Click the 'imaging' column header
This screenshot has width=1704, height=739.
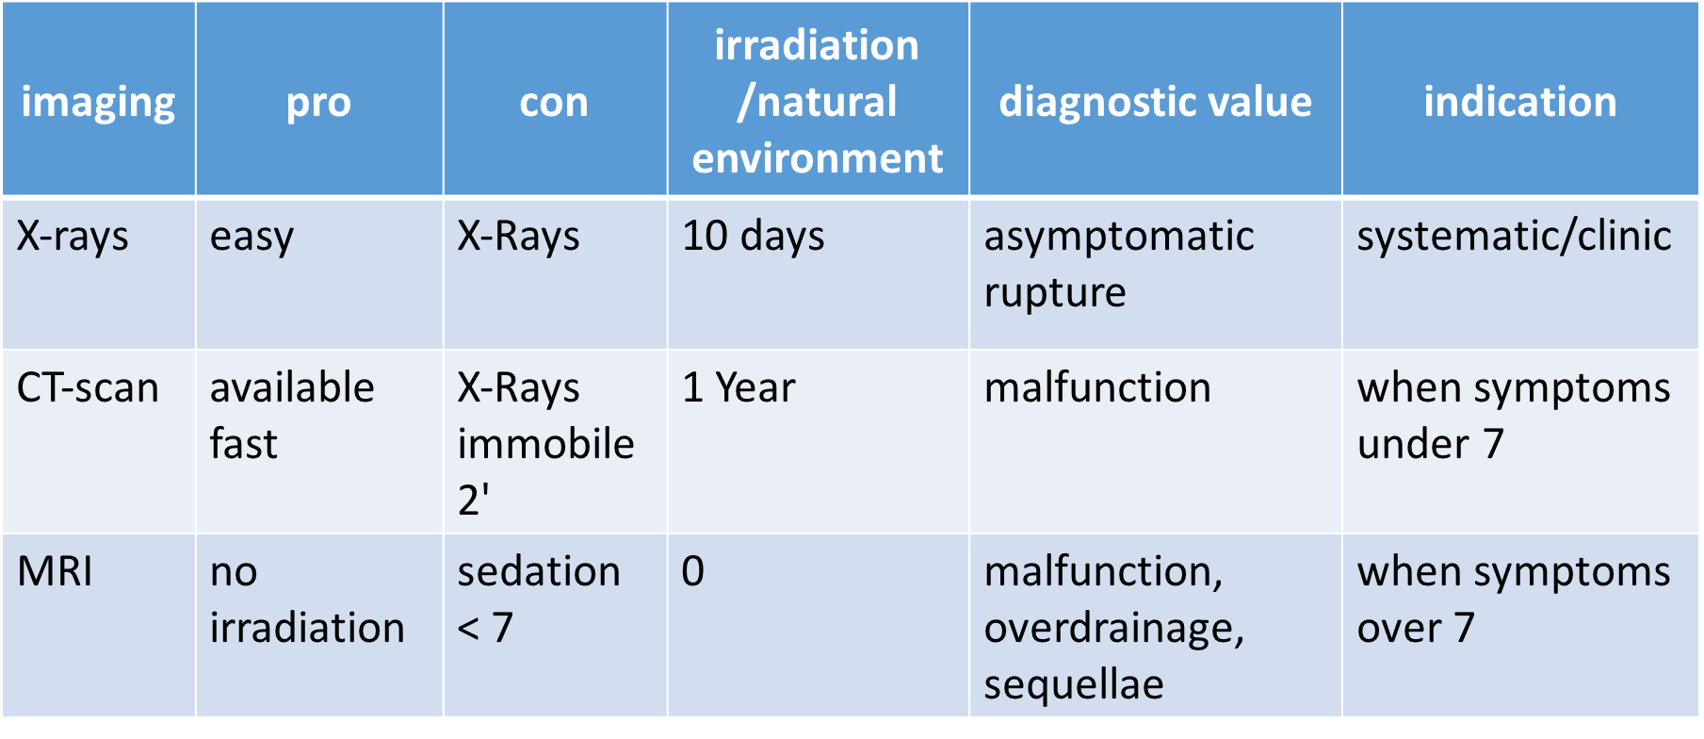click(x=98, y=102)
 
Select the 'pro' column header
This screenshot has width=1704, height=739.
click(x=318, y=102)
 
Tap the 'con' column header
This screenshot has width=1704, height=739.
click(x=554, y=102)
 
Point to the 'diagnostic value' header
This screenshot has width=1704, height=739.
click(x=1155, y=102)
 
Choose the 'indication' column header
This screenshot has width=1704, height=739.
click(x=1519, y=102)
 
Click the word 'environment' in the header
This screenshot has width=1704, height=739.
click(x=817, y=158)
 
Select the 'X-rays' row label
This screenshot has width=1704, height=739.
click(x=73, y=237)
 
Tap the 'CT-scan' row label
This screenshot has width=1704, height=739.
click(x=88, y=387)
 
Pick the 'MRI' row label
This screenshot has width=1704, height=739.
click(x=55, y=571)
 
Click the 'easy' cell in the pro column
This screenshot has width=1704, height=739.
click(x=252, y=237)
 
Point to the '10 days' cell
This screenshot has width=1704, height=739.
click(x=753, y=237)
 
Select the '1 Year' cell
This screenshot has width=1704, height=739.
click(x=738, y=387)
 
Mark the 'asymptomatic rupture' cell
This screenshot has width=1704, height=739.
click(x=1118, y=264)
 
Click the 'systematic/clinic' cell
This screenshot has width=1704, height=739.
click(x=1514, y=237)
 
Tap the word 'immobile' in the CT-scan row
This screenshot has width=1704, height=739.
click(x=545, y=444)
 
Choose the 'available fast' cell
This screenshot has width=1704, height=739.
click(x=291, y=415)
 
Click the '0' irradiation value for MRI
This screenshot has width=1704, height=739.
click(x=692, y=571)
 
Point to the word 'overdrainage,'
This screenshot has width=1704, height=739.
click(x=1113, y=628)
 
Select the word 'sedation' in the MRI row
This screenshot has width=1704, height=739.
click(x=539, y=571)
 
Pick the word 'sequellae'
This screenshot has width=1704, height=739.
click(x=1073, y=684)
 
